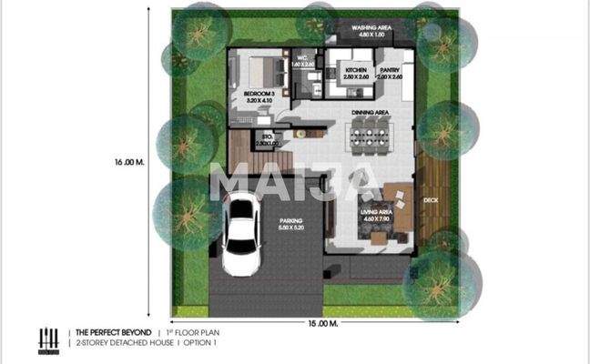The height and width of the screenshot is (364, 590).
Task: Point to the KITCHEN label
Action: [356, 72]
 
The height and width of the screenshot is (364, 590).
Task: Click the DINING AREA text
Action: [371, 113]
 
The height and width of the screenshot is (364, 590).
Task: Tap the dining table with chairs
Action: [371, 140]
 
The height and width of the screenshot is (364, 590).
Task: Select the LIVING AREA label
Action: [375, 216]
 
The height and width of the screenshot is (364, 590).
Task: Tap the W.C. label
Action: [300, 62]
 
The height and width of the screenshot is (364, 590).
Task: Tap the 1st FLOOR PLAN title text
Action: [191, 334]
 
